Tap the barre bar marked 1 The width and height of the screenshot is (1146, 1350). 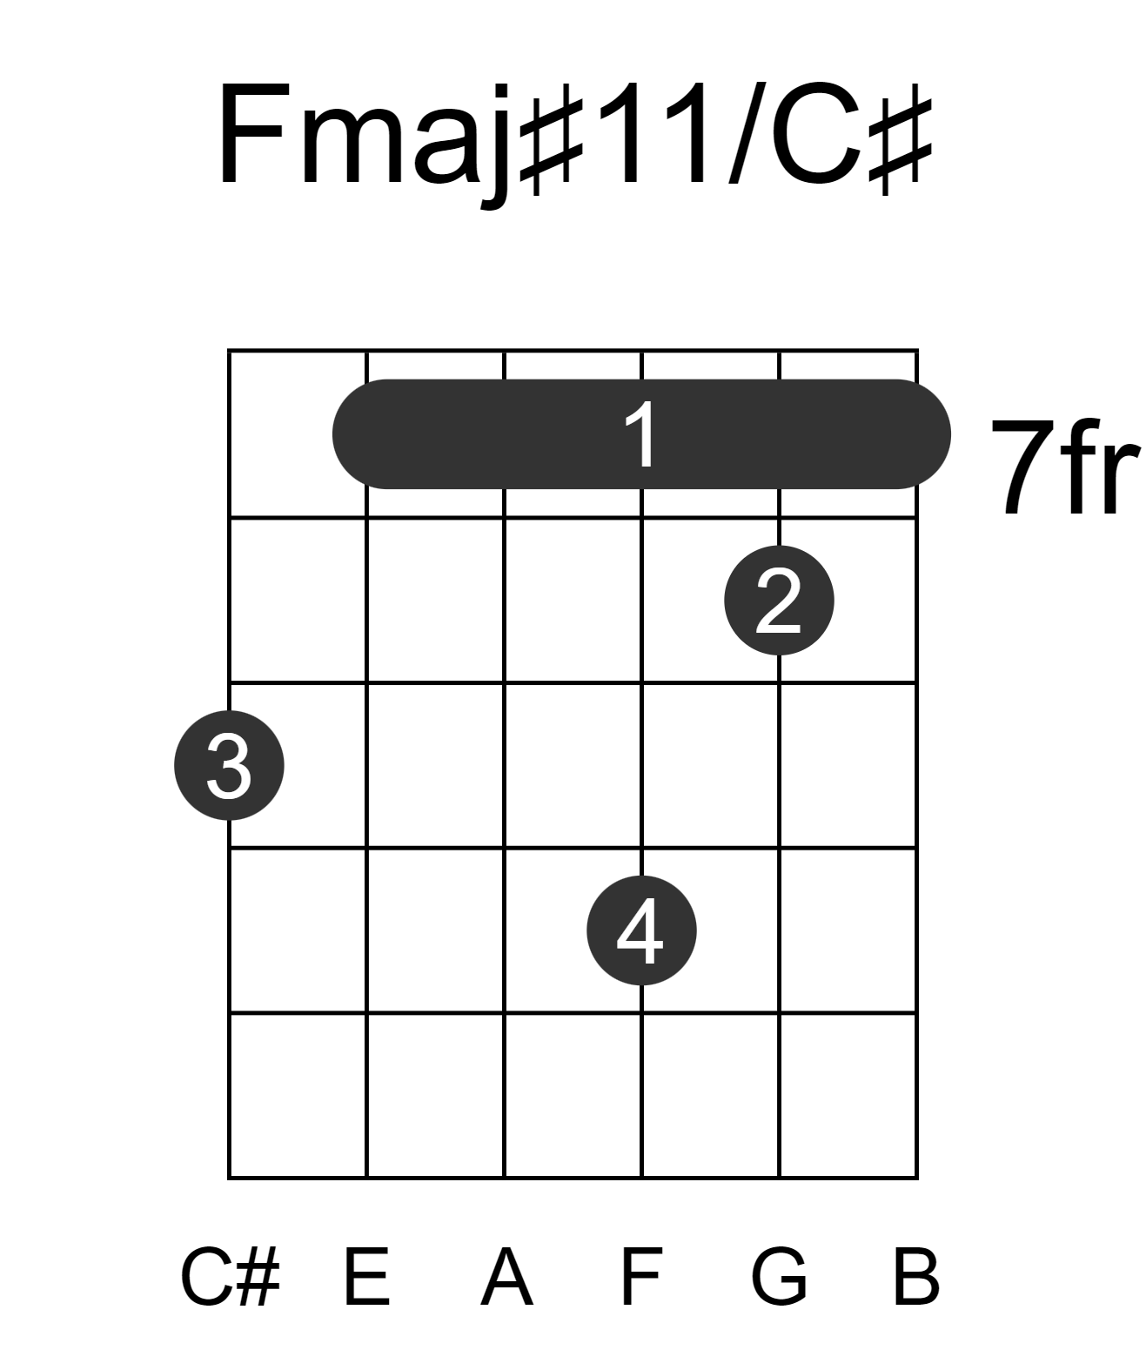[x=641, y=434]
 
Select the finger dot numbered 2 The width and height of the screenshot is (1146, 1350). [x=779, y=601]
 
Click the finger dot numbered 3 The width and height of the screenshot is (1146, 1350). [x=229, y=765]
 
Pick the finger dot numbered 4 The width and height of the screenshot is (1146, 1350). [x=641, y=930]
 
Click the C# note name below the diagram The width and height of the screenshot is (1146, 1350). [x=231, y=1277]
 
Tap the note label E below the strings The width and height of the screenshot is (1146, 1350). [x=366, y=1277]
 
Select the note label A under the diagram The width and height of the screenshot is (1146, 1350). [x=506, y=1277]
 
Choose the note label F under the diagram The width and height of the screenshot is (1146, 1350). [x=642, y=1277]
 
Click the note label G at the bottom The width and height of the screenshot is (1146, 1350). [x=779, y=1277]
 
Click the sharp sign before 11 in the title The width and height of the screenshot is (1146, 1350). [x=551, y=138]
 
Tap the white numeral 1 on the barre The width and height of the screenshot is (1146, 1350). [x=642, y=433]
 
